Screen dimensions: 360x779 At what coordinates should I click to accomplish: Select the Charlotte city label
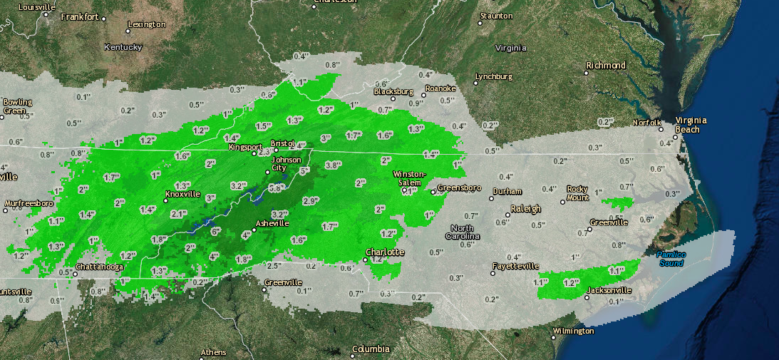[385, 252]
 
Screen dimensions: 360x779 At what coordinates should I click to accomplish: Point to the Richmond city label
[606, 66]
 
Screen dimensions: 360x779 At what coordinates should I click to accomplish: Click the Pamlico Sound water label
[671, 259]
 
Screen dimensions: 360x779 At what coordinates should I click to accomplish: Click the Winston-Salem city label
[410, 178]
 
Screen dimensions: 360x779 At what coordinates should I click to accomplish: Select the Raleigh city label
[527, 209]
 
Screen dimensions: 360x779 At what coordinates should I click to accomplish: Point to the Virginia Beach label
[688, 125]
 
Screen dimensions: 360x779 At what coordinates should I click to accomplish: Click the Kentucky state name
[123, 47]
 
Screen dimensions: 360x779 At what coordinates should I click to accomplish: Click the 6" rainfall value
[216, 230]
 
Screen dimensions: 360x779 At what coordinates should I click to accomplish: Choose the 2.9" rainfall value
[311, 202]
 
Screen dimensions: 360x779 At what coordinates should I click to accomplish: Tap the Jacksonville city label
[609, 291]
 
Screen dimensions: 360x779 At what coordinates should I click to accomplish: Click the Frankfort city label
[80, 16]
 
